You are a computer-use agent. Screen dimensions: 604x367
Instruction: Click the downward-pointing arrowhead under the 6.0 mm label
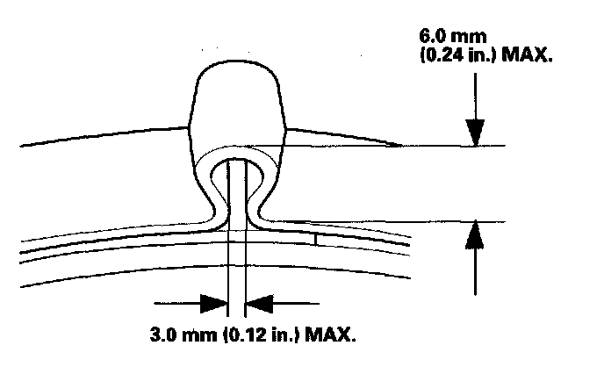[475, 132]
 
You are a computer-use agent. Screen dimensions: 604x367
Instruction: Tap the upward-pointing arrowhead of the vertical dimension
[475, 235]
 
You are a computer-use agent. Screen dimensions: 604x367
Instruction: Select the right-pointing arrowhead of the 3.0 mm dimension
[212, 304]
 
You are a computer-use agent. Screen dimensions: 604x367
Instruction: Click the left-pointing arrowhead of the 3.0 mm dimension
[261, 304]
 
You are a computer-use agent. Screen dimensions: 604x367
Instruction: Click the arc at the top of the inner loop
[237, 161]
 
